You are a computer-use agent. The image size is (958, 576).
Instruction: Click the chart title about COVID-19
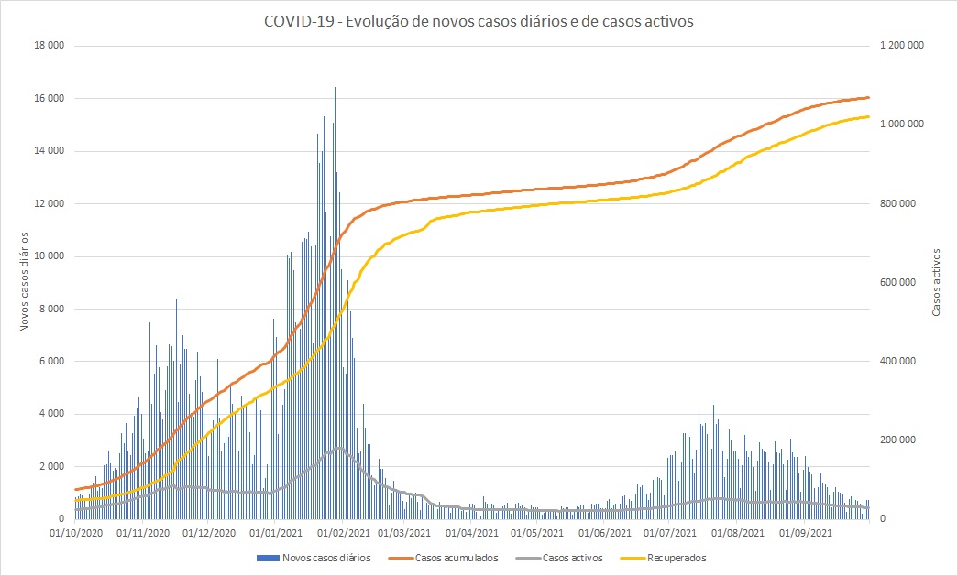pos(479,21)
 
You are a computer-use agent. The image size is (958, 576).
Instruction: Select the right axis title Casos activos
pos(936,282)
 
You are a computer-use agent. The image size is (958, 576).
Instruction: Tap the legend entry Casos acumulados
pos(457,557)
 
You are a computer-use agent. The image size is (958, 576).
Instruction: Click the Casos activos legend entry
pos(572,557)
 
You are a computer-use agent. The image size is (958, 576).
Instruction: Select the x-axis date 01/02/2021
pos(345,532)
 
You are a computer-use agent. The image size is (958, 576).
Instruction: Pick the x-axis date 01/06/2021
pos(605,532)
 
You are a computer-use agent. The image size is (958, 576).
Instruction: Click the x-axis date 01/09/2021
pos(807,532)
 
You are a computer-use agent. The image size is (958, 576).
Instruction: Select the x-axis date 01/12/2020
pos(210,532)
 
